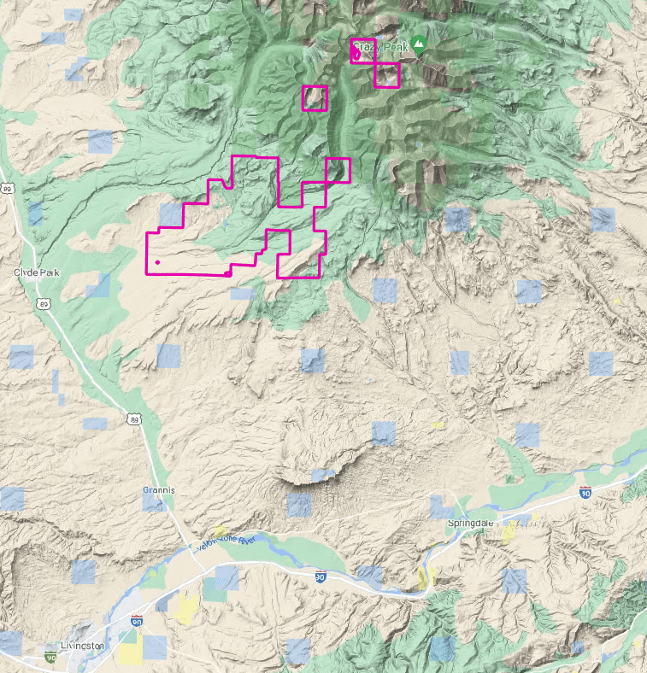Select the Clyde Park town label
click(37, 272)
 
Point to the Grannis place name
click(159, 490)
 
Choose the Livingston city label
click(83, 646)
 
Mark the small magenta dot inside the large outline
click(157, 261)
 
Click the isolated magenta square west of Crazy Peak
click(315, 98)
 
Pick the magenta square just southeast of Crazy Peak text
click(387, 75)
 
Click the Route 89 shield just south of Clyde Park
click(43, 303)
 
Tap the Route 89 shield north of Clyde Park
click(8, 188)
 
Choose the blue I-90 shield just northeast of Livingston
click(137, 621)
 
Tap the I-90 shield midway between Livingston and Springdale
click(320, 576)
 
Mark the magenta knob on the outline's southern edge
click(226, 274)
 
